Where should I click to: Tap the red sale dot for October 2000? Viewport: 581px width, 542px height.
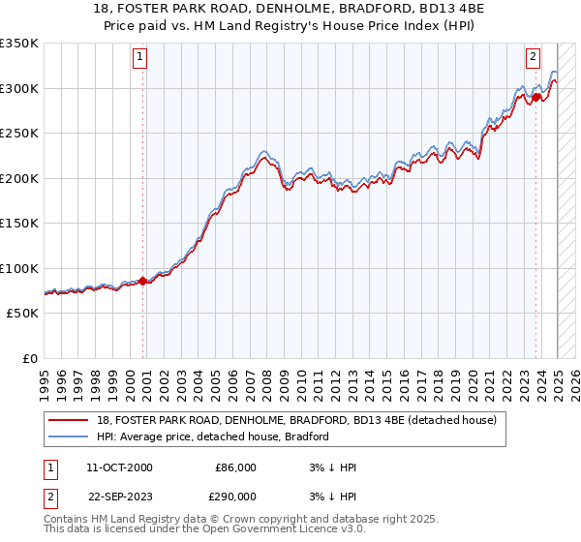(x=143, y=281)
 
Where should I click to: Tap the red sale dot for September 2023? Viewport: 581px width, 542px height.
(x=536, y=97)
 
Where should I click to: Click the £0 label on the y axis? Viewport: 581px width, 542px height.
(x=29, y=358)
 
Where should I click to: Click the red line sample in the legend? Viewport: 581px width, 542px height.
(x=69, y=420)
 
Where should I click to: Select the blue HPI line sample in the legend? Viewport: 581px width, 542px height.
(x=69, y=437)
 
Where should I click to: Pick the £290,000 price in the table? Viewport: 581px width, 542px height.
(x=235, y=497)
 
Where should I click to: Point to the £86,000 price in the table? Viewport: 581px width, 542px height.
(x=235, y=467)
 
